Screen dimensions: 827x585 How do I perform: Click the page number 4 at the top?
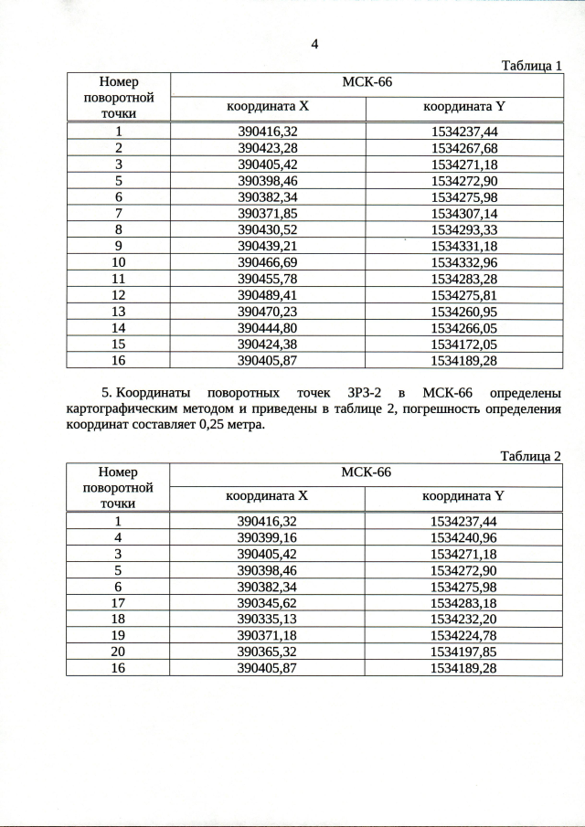click(x=314, y=44)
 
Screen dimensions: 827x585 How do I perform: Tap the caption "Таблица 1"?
click(x=532, y=65)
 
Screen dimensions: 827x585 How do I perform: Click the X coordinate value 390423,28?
click(x=267, y=148)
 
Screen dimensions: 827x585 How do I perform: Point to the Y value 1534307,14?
click(x=463, y=213)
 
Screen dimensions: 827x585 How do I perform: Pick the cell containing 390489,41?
click(x=267, y=295)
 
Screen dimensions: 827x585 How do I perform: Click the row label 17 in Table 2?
click(x=118, y=603)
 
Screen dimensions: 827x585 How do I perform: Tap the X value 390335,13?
click(x=267, y=620)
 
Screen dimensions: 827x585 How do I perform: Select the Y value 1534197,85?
click(x=463, y=652)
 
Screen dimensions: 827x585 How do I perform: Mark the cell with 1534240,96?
click(x=463, y=537)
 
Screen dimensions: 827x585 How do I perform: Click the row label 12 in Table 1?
click(x=118, y=295)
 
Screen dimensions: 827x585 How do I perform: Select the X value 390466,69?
click(x=267, y=262)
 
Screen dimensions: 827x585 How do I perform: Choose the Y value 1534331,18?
click(x=463, y=246)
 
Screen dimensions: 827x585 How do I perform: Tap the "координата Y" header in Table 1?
click(x=463, y=107)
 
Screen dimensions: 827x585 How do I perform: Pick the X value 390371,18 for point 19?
click(x=267, y=636)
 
